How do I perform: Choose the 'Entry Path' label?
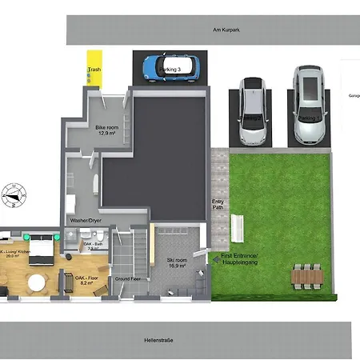pyautogui.click(x=218, y=206)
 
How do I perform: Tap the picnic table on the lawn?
pyautogui.click(x=306, y=276)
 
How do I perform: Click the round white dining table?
pyautogui.click(x=37, y=282)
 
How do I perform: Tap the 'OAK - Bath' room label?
pyautogui.click(x=93, y=246)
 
